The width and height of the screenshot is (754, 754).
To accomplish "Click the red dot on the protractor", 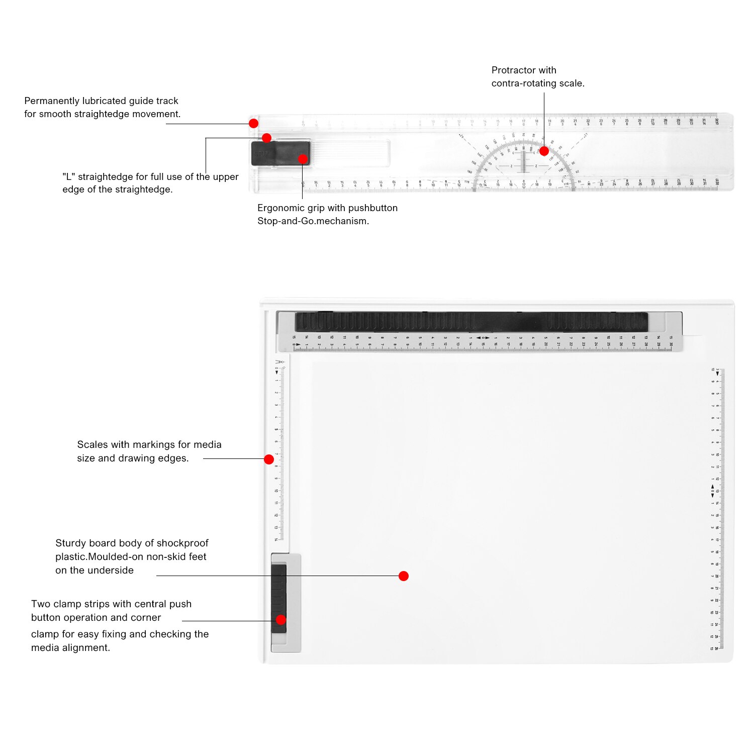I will point(544,151).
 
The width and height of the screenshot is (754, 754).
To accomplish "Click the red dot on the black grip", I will point(303,159).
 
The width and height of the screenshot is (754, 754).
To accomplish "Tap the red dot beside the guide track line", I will point(254,123).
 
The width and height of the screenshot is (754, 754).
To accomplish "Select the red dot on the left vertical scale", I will point(269,459).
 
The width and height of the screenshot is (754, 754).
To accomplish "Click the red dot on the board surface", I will point(403,576).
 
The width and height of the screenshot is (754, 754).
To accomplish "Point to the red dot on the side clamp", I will point(281,620).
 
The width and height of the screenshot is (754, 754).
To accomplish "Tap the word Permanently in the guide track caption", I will point(52,101).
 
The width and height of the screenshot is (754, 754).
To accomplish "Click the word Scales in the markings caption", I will point(92,445).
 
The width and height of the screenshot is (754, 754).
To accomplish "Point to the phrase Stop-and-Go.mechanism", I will point(313,221).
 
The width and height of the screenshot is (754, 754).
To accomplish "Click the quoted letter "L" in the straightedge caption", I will point(68,177).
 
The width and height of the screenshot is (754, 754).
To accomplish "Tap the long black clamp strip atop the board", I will point(471,322).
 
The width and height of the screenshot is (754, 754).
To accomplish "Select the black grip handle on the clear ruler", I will point(280,153).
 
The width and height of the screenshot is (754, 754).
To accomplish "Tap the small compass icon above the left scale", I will point(279,362).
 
